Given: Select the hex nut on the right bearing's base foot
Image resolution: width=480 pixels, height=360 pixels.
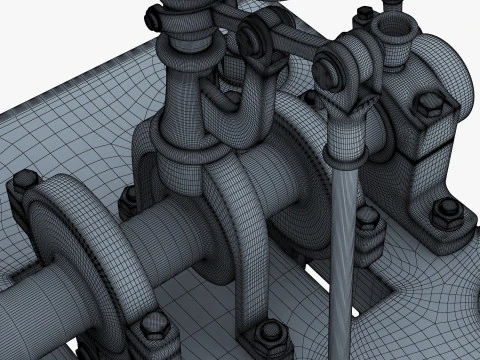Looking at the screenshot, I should pos(441,211).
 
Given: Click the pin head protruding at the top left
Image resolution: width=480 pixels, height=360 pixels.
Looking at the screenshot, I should pos(151,16).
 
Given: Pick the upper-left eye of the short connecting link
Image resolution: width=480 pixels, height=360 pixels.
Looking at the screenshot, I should pos(250,40).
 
